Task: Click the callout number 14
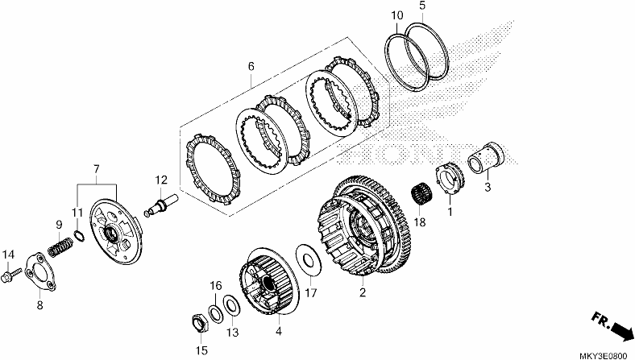8,254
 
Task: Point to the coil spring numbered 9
60,247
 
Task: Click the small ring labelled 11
80,235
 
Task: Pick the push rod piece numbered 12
161,204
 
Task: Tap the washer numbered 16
215,314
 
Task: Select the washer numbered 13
231,305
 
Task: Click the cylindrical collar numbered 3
486,159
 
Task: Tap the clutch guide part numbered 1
450,179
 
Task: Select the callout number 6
251,66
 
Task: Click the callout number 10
397,15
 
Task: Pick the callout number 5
422,6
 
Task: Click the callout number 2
363,292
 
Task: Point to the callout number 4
279,331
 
